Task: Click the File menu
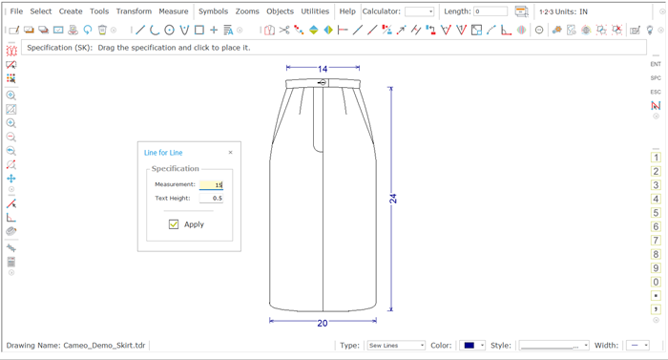pos(16,11)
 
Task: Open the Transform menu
pos(134,11)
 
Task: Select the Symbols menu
pos(213,11)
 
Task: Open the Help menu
pos(347,11)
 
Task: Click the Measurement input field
pos(211,184)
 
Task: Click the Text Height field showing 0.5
pos(211,198)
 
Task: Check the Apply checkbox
pos(174,224)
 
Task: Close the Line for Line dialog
pos(231,152)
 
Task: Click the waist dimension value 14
pos(323,69)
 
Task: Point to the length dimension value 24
pos(393,199)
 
